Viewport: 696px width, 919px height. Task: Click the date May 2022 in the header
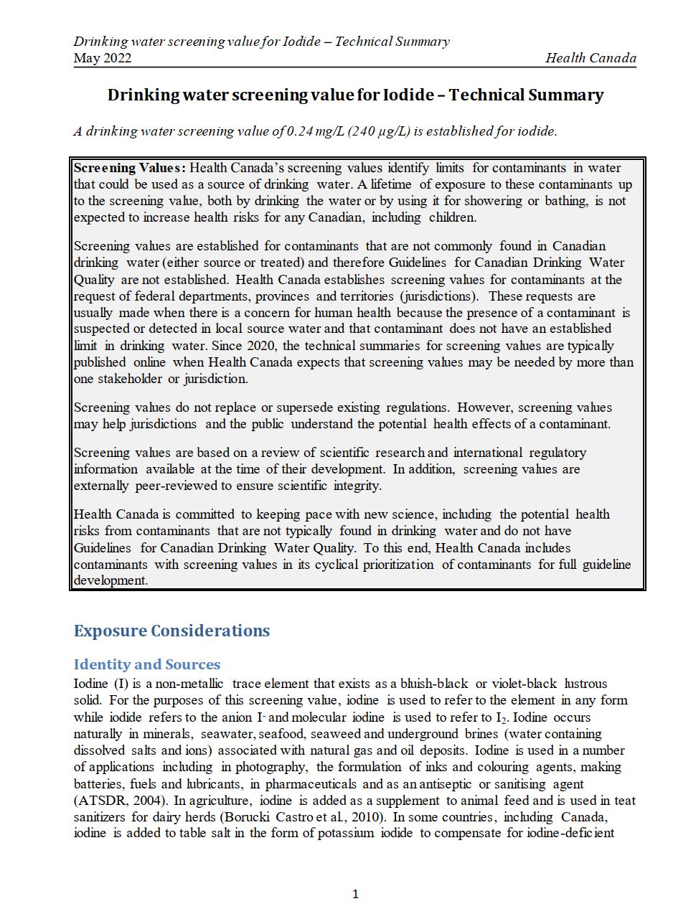click(x=103, y=58)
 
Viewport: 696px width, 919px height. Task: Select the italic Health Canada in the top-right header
click(x=591, y=58)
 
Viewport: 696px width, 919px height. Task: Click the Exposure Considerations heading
click(x=171, y=631)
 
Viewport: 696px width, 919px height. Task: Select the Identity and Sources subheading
click(x=147, y=664)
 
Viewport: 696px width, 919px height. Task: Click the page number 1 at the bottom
click(x=355, y=894)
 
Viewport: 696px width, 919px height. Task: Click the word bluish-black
click(x=434, y=684)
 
